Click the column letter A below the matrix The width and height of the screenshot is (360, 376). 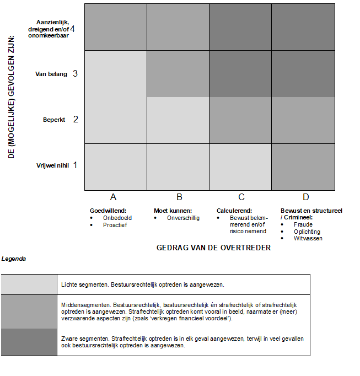pyautogui.click(x=113, y=197)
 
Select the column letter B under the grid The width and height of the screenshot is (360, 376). pyautogui.click(x=179, y=197)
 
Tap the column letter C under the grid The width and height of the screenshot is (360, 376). pyautogui.click(x=241, y=197)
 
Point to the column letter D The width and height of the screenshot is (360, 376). pyautogui.click(x=305, y=197)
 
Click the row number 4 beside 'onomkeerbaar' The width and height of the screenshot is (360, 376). pyautogui.click(x=73, y=29)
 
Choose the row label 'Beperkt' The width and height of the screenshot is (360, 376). pyautogui.click(x=54, y=119)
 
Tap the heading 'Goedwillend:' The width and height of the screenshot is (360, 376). pyautogui.click(x=108, y=210)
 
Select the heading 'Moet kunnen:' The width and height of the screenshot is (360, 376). pyautogui.click(x=173, y=210)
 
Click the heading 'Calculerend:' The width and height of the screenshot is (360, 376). pyautogui.click(x=234, y=210)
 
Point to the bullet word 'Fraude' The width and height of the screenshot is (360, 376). pyautogui.click(x=303, y=224)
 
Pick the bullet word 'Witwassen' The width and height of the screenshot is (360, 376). pyautogui.click(x=308, y=238)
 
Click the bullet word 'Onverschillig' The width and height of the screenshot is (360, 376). pyautogui.click(x=183, y=218)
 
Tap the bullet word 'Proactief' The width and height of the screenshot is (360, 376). pyautogui.click(x=115, y=225)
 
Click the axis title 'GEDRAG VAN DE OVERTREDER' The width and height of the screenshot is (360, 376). pyautogui.click(x=213, y=248)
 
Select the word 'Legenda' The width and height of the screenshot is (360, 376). pyautogui.click(x=13, y=259)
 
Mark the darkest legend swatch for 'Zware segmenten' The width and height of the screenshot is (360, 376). pyautogui.click(x=29, y=342)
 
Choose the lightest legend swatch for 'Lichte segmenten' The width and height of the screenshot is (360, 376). pyautogui.click(x=29, y=284)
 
